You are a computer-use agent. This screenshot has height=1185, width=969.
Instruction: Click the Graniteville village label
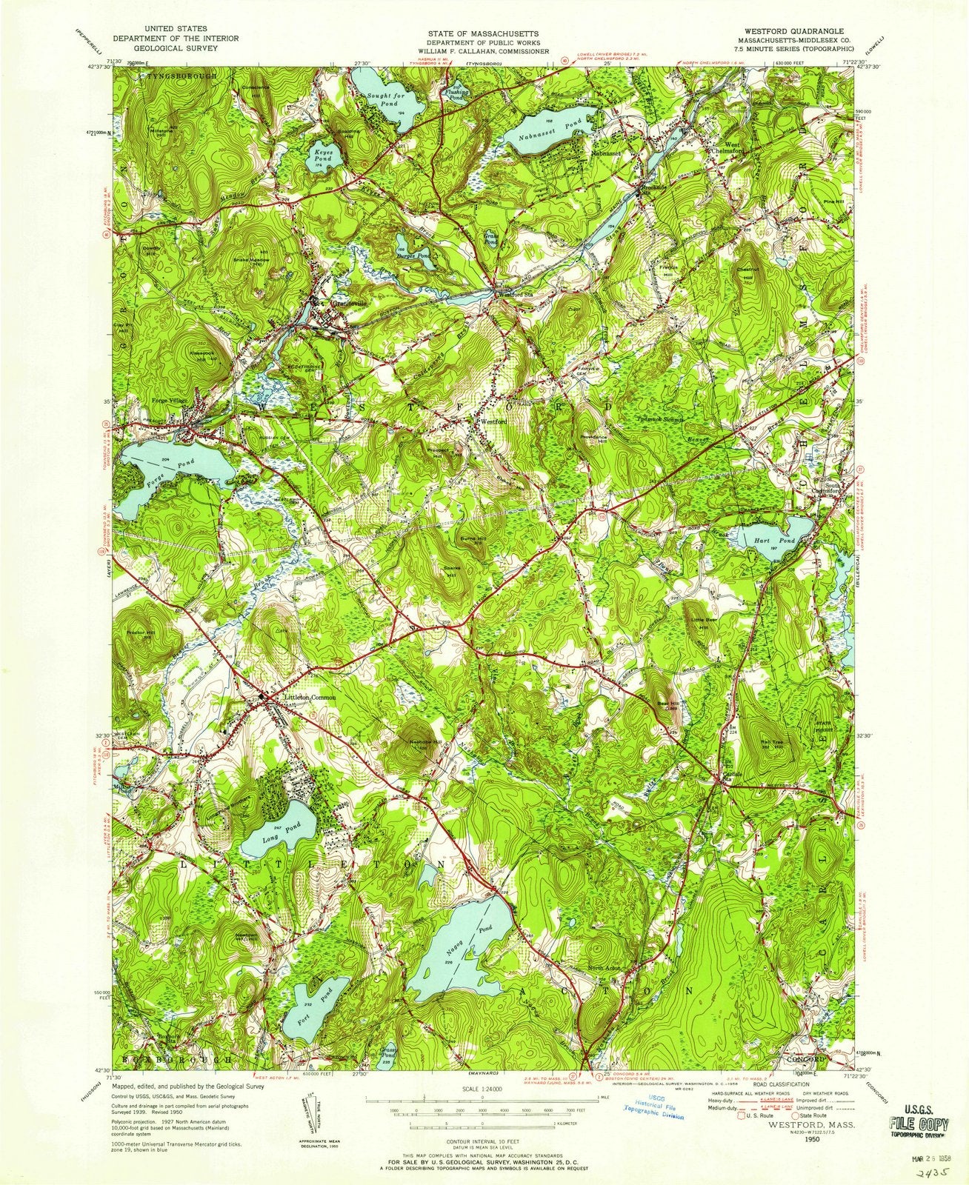point(342,303)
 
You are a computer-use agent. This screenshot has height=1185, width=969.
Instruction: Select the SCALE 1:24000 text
point(482,1089)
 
